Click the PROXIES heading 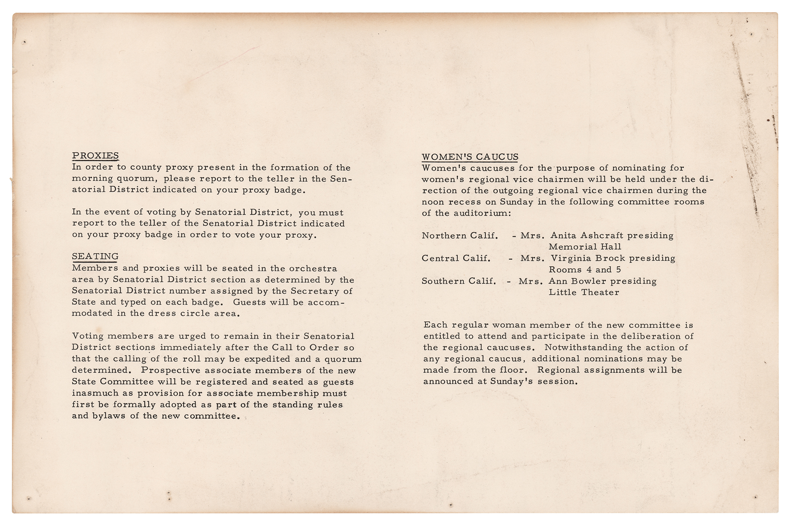pyautogui.click(x=95, y=155)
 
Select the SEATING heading pyautogui.click(x=95, y=256)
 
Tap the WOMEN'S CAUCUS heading pyautogui.click(x=470, y=157)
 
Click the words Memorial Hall pyautogui.click(x=585, y=247)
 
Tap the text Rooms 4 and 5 pyautogui.click(x=585, y=270)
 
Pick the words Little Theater pyautogui.click(x=584, y=292)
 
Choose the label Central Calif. pyautogui.click(x=456, y=258)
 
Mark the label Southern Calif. pyautogui.click(x=459, y=281)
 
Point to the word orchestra pyautogui.click(x=313, y=269)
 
